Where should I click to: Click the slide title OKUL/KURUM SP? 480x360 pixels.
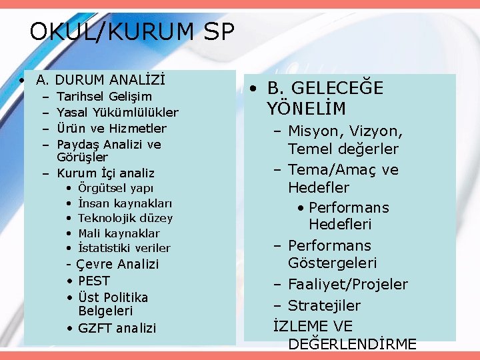pyautogui.click(x=132, y=32)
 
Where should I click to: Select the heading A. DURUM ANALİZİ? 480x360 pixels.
pyautogui.click(x=100, y=81)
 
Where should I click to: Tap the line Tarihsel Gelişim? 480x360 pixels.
pyautogui.click(x=104, y=97)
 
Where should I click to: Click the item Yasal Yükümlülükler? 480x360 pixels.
pyautogui.click(x=117, y=113)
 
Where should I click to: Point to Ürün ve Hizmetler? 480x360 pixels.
pyautogui.click(x=111, y=128)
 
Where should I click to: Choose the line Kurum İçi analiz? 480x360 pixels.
pyautogui.click(x=105, y=173)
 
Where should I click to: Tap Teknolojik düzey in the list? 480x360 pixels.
pyautogui.click(x=125, y=218)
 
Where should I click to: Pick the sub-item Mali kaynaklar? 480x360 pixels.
pyautogui.click(x=119, y=233)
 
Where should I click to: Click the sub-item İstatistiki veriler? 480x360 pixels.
pyautogui.click(x=124, y=248)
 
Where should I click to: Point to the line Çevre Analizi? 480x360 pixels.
pyautogui.click(x=118, y=264)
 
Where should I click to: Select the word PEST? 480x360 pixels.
pyautogui.click(x=93, y=281)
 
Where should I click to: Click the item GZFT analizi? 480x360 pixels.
pyautogui.click(x=117, y=328)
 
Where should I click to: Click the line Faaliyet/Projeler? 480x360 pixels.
pyautogui.click(x=347, y=285)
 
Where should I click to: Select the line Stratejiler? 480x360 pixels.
pyautogui.click(x=324, y=306)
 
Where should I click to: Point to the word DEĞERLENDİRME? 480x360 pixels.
pyautogui.click(x=352, y=344)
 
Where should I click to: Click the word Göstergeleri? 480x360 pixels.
pyautogui.click(x=332, y=263)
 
